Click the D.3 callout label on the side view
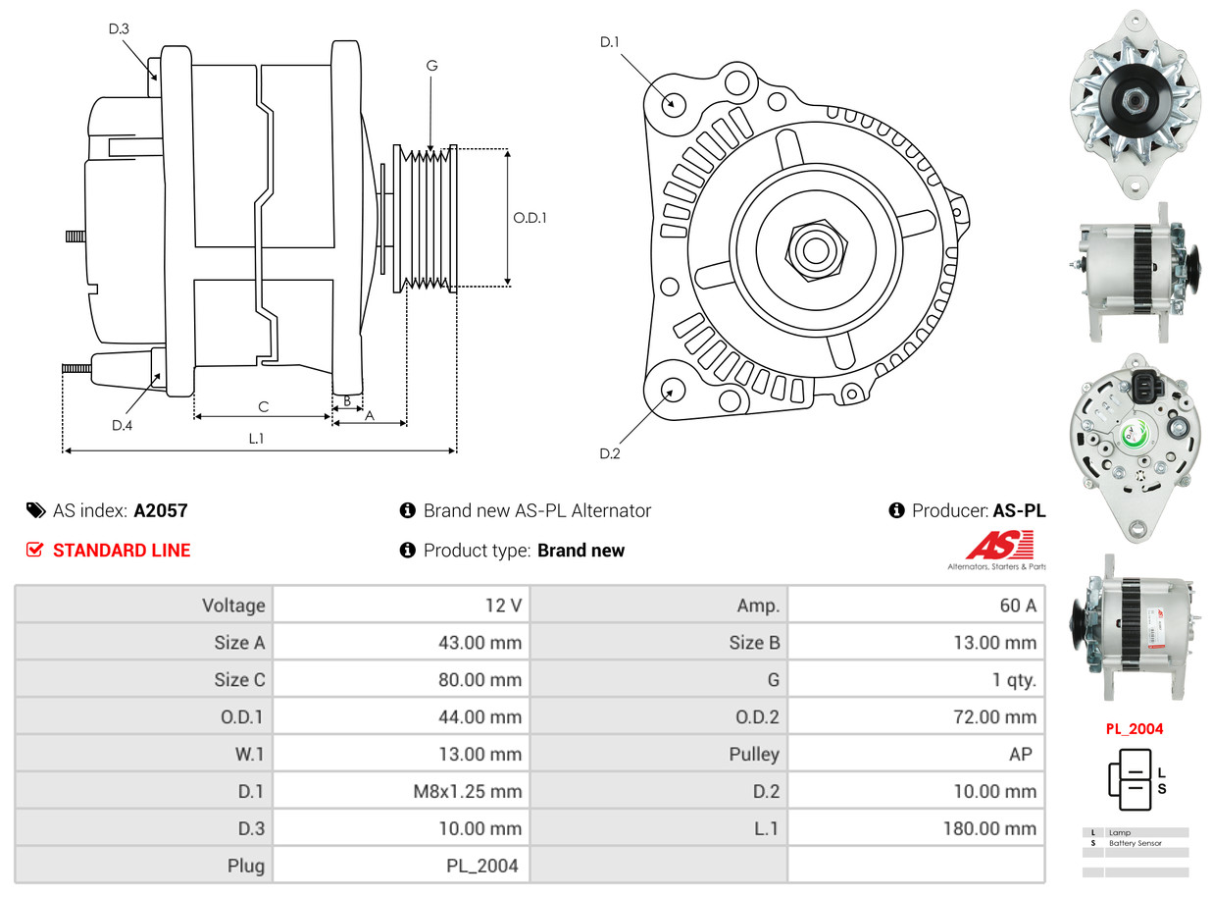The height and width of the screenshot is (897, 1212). click(x=119, y=29)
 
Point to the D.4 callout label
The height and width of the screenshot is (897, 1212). click(x=122, y=425)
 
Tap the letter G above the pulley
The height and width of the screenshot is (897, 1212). click(x=431, y=66)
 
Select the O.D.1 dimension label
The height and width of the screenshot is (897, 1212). click(x=530, y=218)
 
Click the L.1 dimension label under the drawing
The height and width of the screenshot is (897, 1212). click(x=256, y=439)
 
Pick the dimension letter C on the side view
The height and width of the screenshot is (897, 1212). click(x=263, y=406)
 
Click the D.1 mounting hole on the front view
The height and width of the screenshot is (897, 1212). click(x=673, y=103)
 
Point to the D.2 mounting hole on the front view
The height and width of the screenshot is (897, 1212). click(x=672, y=390)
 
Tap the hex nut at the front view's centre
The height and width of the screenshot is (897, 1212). click(x=812, y=249)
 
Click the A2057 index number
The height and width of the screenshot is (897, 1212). click(x=161, y=510)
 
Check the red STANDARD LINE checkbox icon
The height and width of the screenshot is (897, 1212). click(x=35, y=550)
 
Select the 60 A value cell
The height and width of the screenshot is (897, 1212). click(x=1017, y=606)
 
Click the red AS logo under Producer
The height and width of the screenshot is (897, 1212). click(x=999, y=546)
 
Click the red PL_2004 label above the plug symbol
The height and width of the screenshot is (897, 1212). click(x=1136, y=728)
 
